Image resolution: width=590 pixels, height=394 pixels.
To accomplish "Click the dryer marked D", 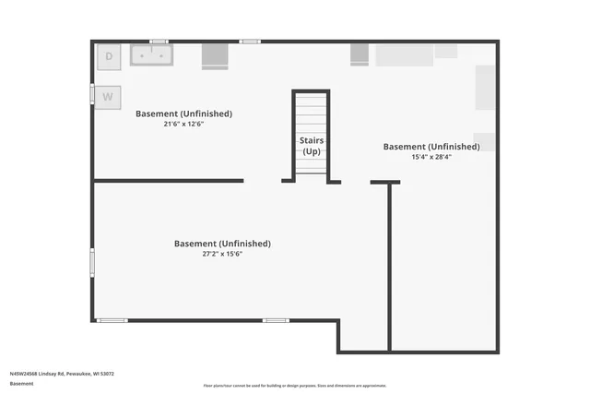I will click(109, 56).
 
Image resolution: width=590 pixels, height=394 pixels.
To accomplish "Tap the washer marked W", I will click(108, 96).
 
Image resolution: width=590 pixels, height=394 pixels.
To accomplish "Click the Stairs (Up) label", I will click(312, 145).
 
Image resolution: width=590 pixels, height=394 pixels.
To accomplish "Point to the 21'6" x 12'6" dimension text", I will click(183, 124).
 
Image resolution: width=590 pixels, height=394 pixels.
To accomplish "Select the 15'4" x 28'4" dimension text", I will click(431, 157).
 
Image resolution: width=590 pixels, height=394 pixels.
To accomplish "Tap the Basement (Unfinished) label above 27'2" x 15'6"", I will click(222, 244).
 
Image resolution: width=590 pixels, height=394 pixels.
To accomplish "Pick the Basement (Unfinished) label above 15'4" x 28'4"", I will click(431, 147).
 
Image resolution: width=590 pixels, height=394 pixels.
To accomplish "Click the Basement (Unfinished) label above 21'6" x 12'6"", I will click(183, 113).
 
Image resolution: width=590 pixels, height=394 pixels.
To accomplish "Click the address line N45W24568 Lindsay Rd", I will click(62, 374).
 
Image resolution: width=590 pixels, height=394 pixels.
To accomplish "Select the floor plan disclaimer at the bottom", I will click(295, 386).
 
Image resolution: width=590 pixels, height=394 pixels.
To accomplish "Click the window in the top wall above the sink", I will click(159, 41).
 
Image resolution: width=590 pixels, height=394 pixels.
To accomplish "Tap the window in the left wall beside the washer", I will click(91, 96).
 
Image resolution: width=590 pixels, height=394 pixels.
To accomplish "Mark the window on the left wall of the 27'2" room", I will click(91, 261).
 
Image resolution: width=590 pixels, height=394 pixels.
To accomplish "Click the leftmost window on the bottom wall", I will click(112, 320).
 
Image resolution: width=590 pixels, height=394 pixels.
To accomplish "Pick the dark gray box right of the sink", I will click(215, 54).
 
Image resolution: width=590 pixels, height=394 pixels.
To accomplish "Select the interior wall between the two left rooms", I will click(169, 181).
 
